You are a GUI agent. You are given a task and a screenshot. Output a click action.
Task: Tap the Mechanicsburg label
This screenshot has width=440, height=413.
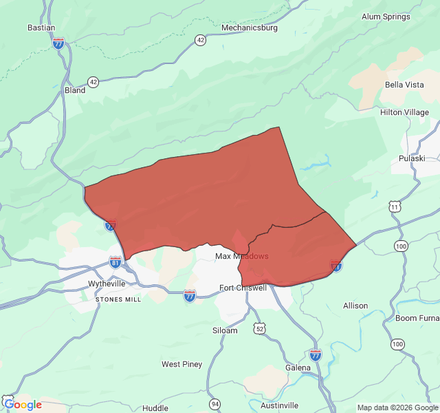[x=249, y=28]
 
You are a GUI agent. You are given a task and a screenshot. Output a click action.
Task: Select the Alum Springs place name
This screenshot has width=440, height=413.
[x=386, y=17]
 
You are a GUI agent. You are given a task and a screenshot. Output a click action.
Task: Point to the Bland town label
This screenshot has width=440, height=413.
[x=74, y=90]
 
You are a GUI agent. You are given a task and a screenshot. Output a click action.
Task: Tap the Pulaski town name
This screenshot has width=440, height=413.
[x=412, y=158]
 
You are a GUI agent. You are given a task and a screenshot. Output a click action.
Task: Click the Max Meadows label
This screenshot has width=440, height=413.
[x=241, y=256]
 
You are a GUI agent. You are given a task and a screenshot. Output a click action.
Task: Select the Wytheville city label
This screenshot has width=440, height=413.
[x=107, y=284]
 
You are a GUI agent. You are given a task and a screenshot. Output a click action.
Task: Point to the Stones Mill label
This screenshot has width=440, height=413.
[x=118, y=299]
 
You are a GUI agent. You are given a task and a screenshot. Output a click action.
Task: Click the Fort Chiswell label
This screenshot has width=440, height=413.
[x=242, y=288]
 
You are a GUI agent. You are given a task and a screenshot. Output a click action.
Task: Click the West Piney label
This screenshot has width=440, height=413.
[x=181, y=364]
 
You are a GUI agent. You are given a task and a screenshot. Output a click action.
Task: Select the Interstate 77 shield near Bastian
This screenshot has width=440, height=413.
[x=58, y=43]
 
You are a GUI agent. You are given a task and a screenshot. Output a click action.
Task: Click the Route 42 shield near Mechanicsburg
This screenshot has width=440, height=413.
[x=199, y=40]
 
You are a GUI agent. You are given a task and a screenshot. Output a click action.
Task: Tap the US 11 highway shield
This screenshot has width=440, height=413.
[x=394, y=206]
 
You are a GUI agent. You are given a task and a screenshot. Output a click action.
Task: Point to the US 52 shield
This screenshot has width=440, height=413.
[x=259, y=329]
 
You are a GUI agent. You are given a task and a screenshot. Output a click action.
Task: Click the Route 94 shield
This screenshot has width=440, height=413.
[x=215, y=403]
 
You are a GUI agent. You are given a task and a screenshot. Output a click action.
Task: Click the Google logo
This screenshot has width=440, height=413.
[x=22, y=405]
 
